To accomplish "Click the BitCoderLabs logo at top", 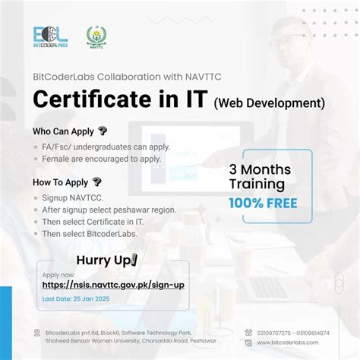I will [x=51, y=39].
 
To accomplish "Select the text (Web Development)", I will [x=269, y=102].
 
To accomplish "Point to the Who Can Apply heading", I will [x=64, y=131].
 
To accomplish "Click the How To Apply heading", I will [x=62, y=182].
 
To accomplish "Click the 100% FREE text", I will [x=263, y=203].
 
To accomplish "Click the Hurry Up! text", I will [x=107, y=261].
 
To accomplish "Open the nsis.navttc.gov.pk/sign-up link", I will [x=113, y=285].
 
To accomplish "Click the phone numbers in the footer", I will [x=298, y=333].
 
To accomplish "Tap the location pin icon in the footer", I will [x=37, y=333].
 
